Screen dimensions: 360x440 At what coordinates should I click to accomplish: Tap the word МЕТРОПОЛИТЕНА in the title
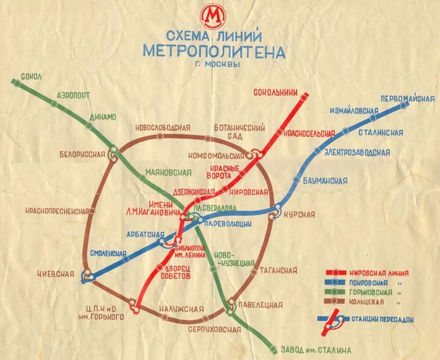click(x=214, y=51)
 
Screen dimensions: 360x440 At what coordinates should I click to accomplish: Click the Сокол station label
click(x=31, y=77)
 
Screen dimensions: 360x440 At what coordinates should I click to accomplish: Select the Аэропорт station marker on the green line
click(x=54, y=104)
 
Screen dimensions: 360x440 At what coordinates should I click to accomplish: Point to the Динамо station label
click(x=103, y=117)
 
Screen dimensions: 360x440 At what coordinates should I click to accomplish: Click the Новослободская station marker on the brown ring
click(x=160, y=136)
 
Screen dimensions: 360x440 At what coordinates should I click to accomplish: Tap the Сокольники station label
click(x=276, y=92)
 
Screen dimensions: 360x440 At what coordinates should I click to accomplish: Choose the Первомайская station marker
click(x=403, y=105)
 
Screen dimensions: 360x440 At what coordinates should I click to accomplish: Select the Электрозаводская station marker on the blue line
click(x=318, y=151)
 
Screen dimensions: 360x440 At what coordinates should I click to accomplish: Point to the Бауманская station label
click(x=326, y=180)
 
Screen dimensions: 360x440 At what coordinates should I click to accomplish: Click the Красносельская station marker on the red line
click(x=279, y=132)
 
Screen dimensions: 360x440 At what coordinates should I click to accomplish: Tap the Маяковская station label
click(x=168, y=172)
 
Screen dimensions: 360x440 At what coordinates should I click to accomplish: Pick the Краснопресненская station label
click(x=57, y=211)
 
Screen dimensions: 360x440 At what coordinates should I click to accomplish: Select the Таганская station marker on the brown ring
click(x=253, y=272)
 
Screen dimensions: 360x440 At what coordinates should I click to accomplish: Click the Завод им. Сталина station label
click(x=316, y=350)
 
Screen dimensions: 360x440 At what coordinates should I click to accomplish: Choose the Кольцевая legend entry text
click(x=367, y=302)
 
